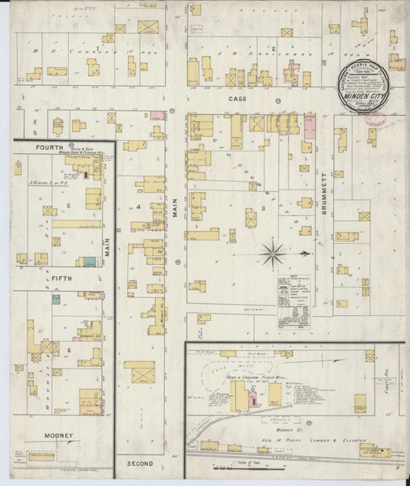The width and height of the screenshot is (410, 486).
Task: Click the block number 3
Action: coord(264,209)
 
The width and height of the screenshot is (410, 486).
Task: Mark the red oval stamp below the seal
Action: coord(374,119)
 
